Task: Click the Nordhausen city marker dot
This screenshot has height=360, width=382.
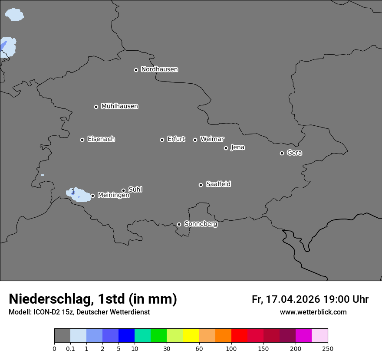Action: tap(136, 70)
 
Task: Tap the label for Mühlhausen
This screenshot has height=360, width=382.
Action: tap(119, 106)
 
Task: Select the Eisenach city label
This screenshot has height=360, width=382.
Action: tap(101, 139)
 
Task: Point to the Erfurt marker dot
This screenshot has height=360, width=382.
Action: tap(162, 140)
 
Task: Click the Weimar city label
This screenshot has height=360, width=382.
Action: tap(212, 139)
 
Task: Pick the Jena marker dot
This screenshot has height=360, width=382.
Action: tap(226, 148)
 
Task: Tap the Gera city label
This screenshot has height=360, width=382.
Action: tap(294, 153)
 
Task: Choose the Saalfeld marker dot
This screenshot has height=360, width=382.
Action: tap(201, 185)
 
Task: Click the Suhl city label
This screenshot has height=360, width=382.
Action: tap(135, 190)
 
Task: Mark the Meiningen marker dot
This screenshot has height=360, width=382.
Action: tap(92, 196)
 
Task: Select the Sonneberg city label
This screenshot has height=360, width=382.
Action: tap(201, 224)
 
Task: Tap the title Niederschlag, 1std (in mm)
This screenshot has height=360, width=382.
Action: tap(93, 299)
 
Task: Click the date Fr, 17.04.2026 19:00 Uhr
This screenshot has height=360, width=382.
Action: tap(310, 299)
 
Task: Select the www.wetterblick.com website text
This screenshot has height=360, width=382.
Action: tap(313, 312)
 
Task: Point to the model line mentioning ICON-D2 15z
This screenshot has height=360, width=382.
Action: tap(79, 312)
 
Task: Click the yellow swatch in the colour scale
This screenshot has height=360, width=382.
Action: tap(191, 336)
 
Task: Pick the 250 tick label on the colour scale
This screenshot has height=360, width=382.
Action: tap(328, 348)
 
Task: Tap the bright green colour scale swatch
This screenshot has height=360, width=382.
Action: tap(159, 336)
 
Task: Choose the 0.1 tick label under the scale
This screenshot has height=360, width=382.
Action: tap(70, 348)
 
